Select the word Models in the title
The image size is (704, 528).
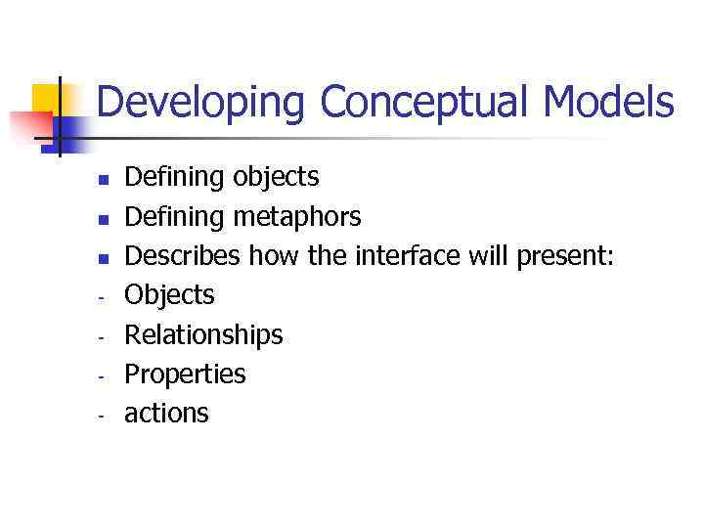[608, 102]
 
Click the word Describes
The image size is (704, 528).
[183, 255]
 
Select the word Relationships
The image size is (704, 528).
[203, 335]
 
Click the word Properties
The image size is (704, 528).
[185, 374]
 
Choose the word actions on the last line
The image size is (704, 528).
[166, 414]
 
